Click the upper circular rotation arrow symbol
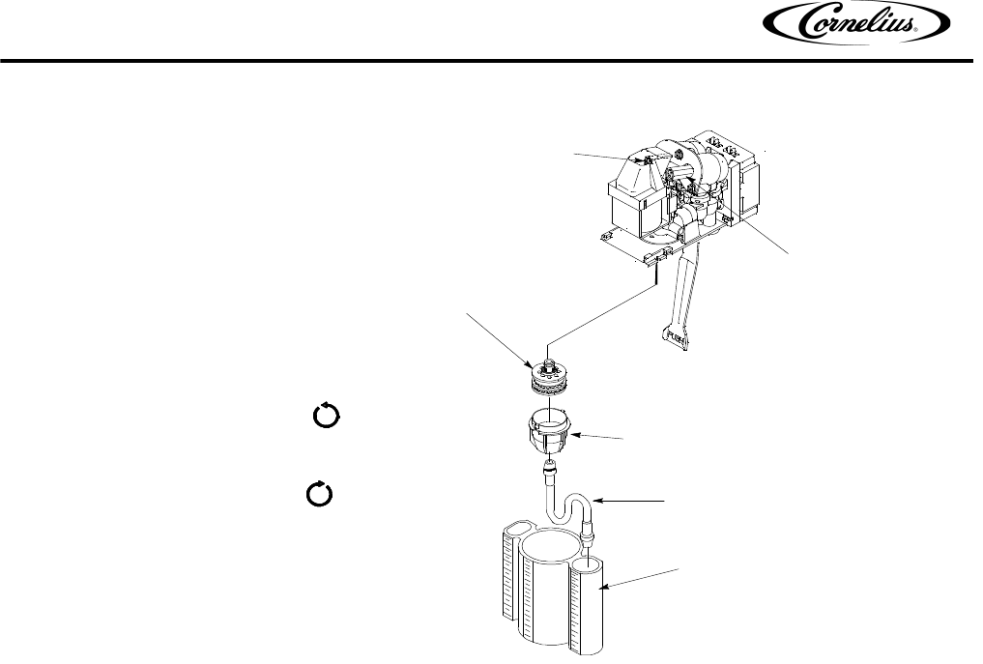coord(323,418)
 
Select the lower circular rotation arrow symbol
coord(319,494)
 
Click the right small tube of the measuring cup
coord(589,604)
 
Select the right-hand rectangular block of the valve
coord(750,188)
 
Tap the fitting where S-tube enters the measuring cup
coord(587,535)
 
